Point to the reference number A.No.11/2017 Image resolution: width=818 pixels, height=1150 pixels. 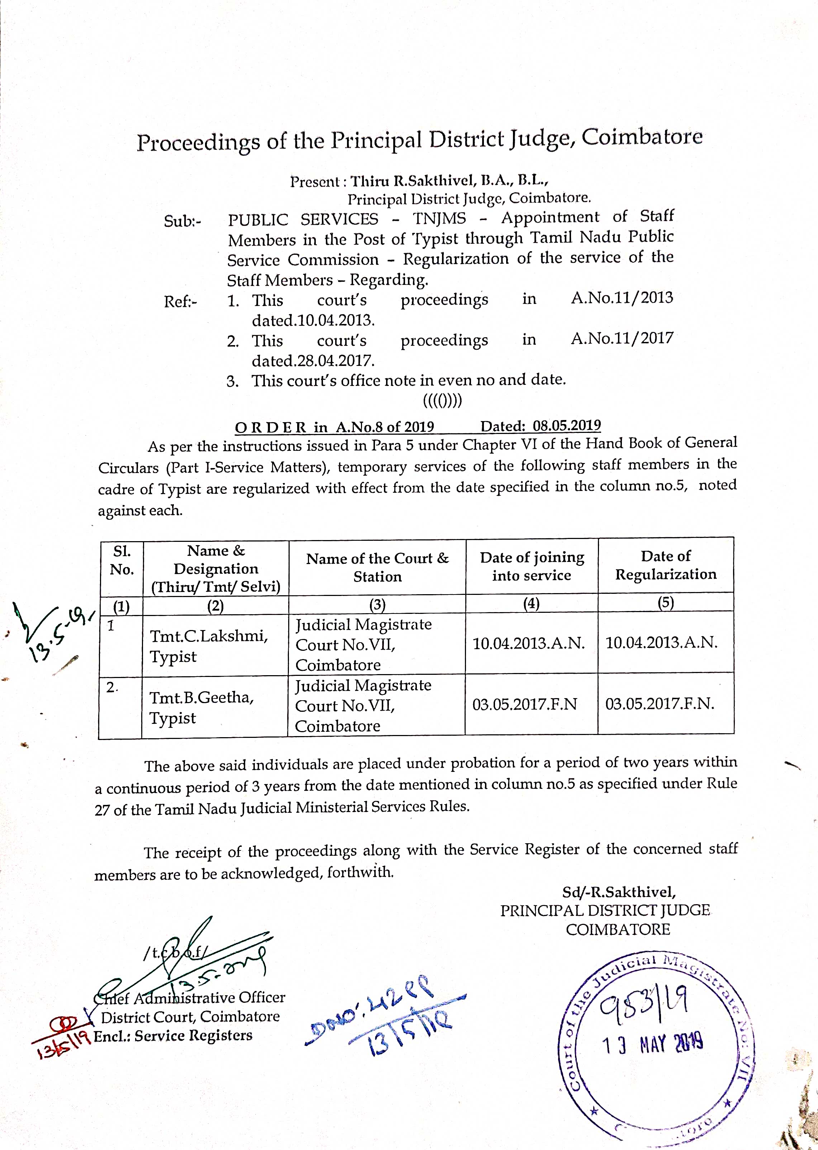(622, 338)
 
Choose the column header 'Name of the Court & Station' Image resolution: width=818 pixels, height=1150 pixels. (377, 567)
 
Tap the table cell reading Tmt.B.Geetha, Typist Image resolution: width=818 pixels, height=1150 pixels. (201, 707)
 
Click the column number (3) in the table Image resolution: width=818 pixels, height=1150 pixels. (377, 604)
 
